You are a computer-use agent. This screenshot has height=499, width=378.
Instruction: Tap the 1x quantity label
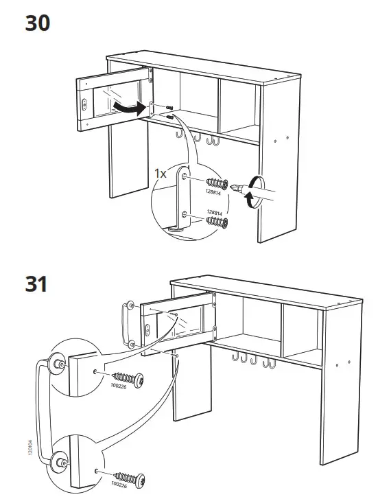coord(160,174)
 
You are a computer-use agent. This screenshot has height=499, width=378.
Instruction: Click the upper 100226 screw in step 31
coord(127,378)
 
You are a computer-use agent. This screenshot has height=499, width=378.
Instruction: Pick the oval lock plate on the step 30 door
coord(84,104)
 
